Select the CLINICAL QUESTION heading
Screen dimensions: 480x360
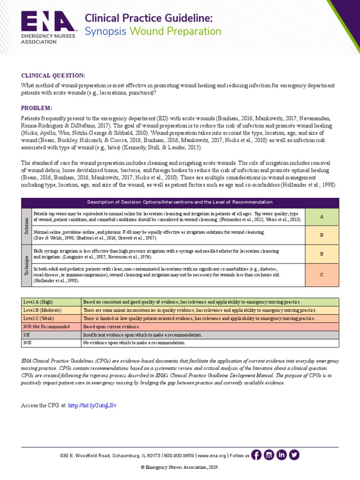click(53, 75)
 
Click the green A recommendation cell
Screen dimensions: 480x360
click(322, 217)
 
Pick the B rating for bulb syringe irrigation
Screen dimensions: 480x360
click(322, 254)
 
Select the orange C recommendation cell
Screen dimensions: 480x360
click(322, 275)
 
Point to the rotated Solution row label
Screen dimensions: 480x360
click(26, 226)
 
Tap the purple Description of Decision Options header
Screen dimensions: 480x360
click(180, 202)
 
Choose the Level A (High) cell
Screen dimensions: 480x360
click(51, 302)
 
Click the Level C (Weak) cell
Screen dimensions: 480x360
click(51, 318)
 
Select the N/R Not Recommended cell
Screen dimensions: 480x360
click(51, 326)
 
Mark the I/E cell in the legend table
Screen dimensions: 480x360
click(51, 335)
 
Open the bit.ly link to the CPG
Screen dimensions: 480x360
click(92, 405)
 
